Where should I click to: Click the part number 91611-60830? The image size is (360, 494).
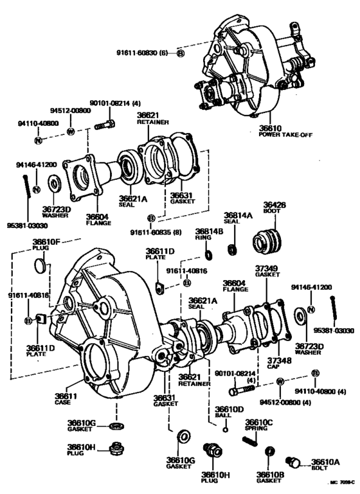(x=145, y=53)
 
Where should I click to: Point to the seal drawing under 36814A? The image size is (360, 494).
(x=231, y=248)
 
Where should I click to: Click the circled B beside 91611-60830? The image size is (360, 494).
(x=180, y=53)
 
